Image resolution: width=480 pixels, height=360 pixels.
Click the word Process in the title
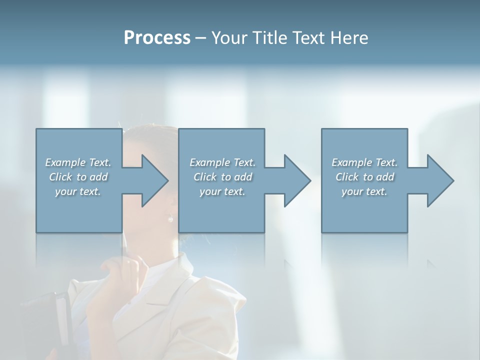(157, 38)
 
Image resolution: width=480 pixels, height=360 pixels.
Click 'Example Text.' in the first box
(78, 162)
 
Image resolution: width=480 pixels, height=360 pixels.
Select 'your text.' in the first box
(78, 191)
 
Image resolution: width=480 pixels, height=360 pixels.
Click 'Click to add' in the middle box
(222, 177)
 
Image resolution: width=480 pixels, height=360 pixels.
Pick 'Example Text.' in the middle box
(222, 162)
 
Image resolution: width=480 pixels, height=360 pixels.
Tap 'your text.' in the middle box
(222, 191)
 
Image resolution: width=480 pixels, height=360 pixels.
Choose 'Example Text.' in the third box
(364, 162)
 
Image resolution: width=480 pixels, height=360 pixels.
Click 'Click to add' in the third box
(364, 177)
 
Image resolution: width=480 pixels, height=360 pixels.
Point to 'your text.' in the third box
(364, 191)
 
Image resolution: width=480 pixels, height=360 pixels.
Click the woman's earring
(170, 218)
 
